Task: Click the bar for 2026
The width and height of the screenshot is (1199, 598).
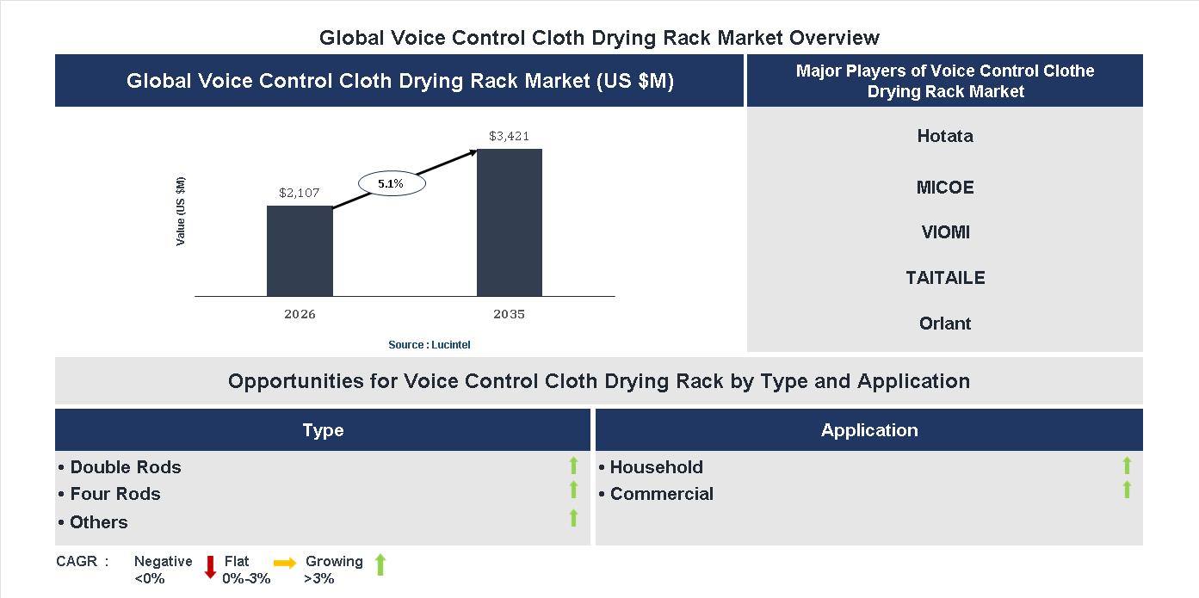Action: [x=300, y=251]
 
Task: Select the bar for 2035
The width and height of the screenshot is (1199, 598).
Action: [x=510, y=223]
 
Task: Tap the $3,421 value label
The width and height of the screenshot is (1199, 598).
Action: [x=510, y=136]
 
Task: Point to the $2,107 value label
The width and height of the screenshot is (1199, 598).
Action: [x=300, y=193]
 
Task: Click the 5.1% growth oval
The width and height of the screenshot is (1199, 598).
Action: [x=391, y=183]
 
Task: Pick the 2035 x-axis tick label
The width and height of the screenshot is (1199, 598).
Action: [x=510, y=314]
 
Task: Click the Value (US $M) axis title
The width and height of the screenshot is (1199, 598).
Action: [x=181, y=211]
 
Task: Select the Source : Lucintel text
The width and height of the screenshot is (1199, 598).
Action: [x=429, y=345]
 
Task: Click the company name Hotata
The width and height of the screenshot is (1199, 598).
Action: [x=945, y=136]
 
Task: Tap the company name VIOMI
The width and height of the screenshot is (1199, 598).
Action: [x=945, y=232]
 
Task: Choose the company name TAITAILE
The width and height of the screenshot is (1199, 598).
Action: [x=945, y=278]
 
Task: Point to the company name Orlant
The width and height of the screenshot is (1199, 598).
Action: [x=945, y=324]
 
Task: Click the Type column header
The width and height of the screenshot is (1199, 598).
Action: [x=323, y=430]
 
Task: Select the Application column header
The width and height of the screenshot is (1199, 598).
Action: [x=869, y=430]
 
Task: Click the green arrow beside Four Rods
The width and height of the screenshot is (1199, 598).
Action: [x=573, y=490]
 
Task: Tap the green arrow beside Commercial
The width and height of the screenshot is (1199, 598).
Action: [x=1127, y=490]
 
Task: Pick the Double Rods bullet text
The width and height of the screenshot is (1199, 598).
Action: [x=121, y=467]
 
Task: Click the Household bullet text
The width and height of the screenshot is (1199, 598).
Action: [x=652, y=467]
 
